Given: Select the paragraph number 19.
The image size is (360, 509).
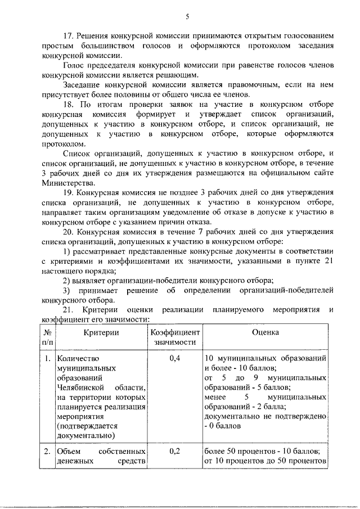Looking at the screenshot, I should [68, 192].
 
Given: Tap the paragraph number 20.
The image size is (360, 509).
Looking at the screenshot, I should [68, 232].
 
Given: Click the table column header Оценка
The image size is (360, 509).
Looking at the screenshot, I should [265, 332].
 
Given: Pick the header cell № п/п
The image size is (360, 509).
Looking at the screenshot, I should [49, 337].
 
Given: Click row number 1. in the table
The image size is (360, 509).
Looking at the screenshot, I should [48, 358].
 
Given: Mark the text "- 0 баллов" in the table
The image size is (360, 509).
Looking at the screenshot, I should [223, 426].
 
